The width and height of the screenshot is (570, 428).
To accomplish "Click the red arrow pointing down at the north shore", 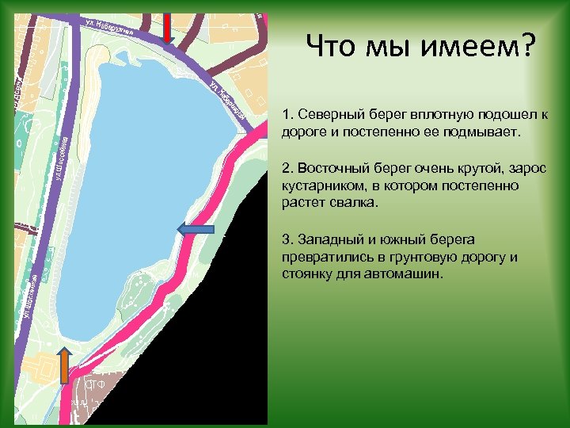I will pos(168,27).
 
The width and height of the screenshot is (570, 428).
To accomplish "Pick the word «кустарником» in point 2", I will pos(319,185).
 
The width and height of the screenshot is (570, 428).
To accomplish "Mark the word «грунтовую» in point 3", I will pos(401,258).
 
